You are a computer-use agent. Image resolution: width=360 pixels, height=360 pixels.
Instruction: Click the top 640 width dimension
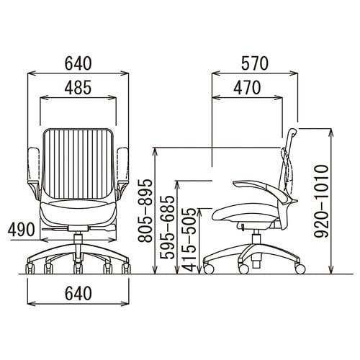click(78, 63)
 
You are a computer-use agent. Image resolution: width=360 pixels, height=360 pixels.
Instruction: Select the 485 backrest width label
click(78, 87)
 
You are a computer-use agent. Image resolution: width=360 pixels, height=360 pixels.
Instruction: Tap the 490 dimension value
click(22, 230)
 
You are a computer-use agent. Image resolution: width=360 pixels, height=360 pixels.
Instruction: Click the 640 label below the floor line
click(78, 293)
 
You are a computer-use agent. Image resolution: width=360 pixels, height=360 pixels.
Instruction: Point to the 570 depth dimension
click(255, 63)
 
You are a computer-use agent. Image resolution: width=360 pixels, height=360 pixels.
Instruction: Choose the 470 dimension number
click(247, 87)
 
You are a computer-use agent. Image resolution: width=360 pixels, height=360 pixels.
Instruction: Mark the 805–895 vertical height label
click(145, 210)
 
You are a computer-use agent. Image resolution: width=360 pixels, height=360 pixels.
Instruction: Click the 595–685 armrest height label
click(167, 228)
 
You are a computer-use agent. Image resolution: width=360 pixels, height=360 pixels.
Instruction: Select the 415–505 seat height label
click(189, 240)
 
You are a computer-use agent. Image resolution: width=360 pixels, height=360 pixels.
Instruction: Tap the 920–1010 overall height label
click(321, 201)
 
